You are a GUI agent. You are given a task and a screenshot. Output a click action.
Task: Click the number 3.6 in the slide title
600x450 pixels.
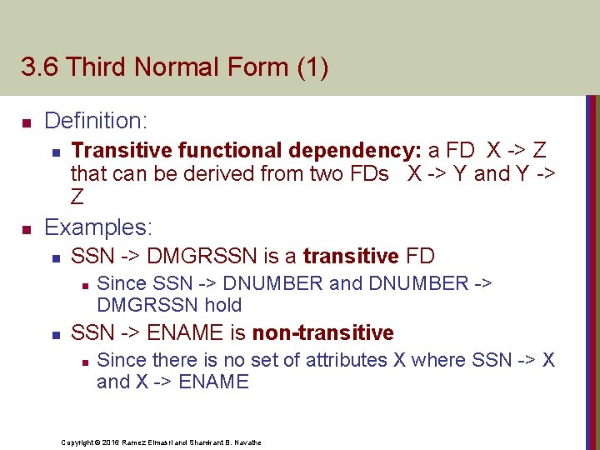coord(39,67)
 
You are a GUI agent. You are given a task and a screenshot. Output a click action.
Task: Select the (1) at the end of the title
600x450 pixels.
coord(312,67)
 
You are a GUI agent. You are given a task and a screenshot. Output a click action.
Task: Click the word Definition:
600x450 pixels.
coord(96,121)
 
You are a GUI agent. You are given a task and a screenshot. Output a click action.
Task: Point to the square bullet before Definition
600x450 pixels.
coord(26,123)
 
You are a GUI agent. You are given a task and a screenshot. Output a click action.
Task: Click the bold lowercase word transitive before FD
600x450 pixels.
coord(339,256)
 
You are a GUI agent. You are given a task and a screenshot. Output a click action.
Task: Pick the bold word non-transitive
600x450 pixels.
coord(322,332)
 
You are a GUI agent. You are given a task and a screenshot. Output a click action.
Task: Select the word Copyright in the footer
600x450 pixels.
coord(79,442)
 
